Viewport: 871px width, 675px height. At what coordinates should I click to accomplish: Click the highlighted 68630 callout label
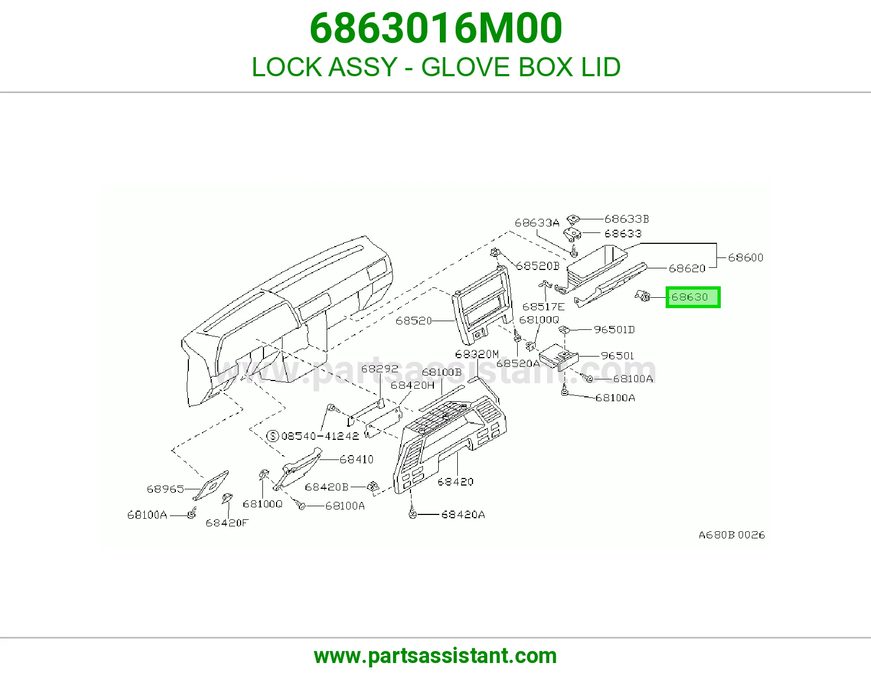tap(692, 297)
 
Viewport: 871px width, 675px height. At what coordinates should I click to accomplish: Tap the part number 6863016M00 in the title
tap(436, 28)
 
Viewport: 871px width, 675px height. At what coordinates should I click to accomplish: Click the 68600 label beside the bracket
tap(746, 257)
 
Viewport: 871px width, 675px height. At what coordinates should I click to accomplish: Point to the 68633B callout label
tap(627, 219)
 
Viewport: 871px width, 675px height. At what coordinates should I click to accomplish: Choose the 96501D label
tap(614, 329)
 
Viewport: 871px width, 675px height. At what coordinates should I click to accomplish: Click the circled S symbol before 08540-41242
tap(273, 435)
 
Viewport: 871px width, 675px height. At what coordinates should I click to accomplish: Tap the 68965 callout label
tap(165, 489)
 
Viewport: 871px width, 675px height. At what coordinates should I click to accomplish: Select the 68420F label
tap(227, 523)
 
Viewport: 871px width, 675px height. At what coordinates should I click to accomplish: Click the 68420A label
tap(463, 514)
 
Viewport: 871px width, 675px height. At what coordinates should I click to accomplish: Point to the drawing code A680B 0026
tap(732, 535)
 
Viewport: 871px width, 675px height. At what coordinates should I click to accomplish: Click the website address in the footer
tap(436, 656)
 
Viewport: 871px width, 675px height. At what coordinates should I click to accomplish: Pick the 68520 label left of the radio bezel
tap(414, 321)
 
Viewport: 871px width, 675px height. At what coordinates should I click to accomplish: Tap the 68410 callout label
tap(357, 459)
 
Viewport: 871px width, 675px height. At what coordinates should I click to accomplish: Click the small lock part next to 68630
tap(642, 296)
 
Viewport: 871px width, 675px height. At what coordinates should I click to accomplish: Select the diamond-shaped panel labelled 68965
tap(211, 486)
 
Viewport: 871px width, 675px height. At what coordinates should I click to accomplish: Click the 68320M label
tap(477, 354)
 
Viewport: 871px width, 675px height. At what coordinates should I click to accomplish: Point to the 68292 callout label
tap(379, 369)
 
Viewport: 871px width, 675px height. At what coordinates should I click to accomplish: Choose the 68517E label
tap(543, 306)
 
